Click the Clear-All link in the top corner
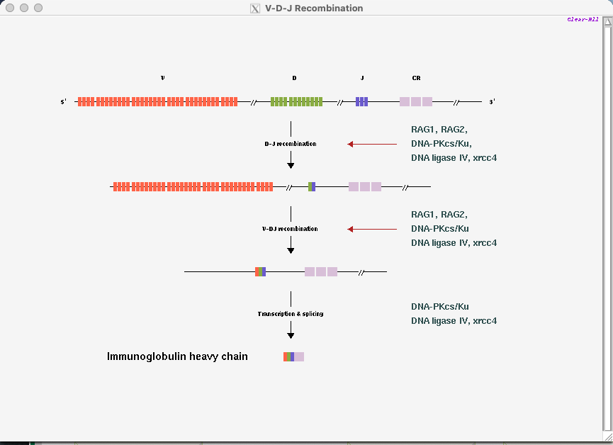tap(583, 20)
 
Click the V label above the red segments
tap(162, 78)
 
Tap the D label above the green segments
tap(294, 78)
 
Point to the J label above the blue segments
tap(362, 78)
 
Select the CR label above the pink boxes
tap(417, 78)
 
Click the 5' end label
tap(63, 101)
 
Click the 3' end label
tap(493, 101)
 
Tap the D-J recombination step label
tap(291, 144)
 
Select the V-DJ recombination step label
tap(290, 229)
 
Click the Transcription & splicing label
tap(291, 314)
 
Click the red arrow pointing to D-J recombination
tap(372, 145)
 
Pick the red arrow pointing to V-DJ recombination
tap(372, 229)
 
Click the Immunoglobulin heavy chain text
tap(177, 356)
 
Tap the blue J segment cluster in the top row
tap(361, 101)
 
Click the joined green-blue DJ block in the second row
tap(312, 187)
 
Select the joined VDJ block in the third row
tap(260, 272)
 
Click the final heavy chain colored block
tap(293, 356)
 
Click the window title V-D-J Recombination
tap(314, 9)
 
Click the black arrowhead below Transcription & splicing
tap(291, 335)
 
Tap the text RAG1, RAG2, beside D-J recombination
tap(439, 130)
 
